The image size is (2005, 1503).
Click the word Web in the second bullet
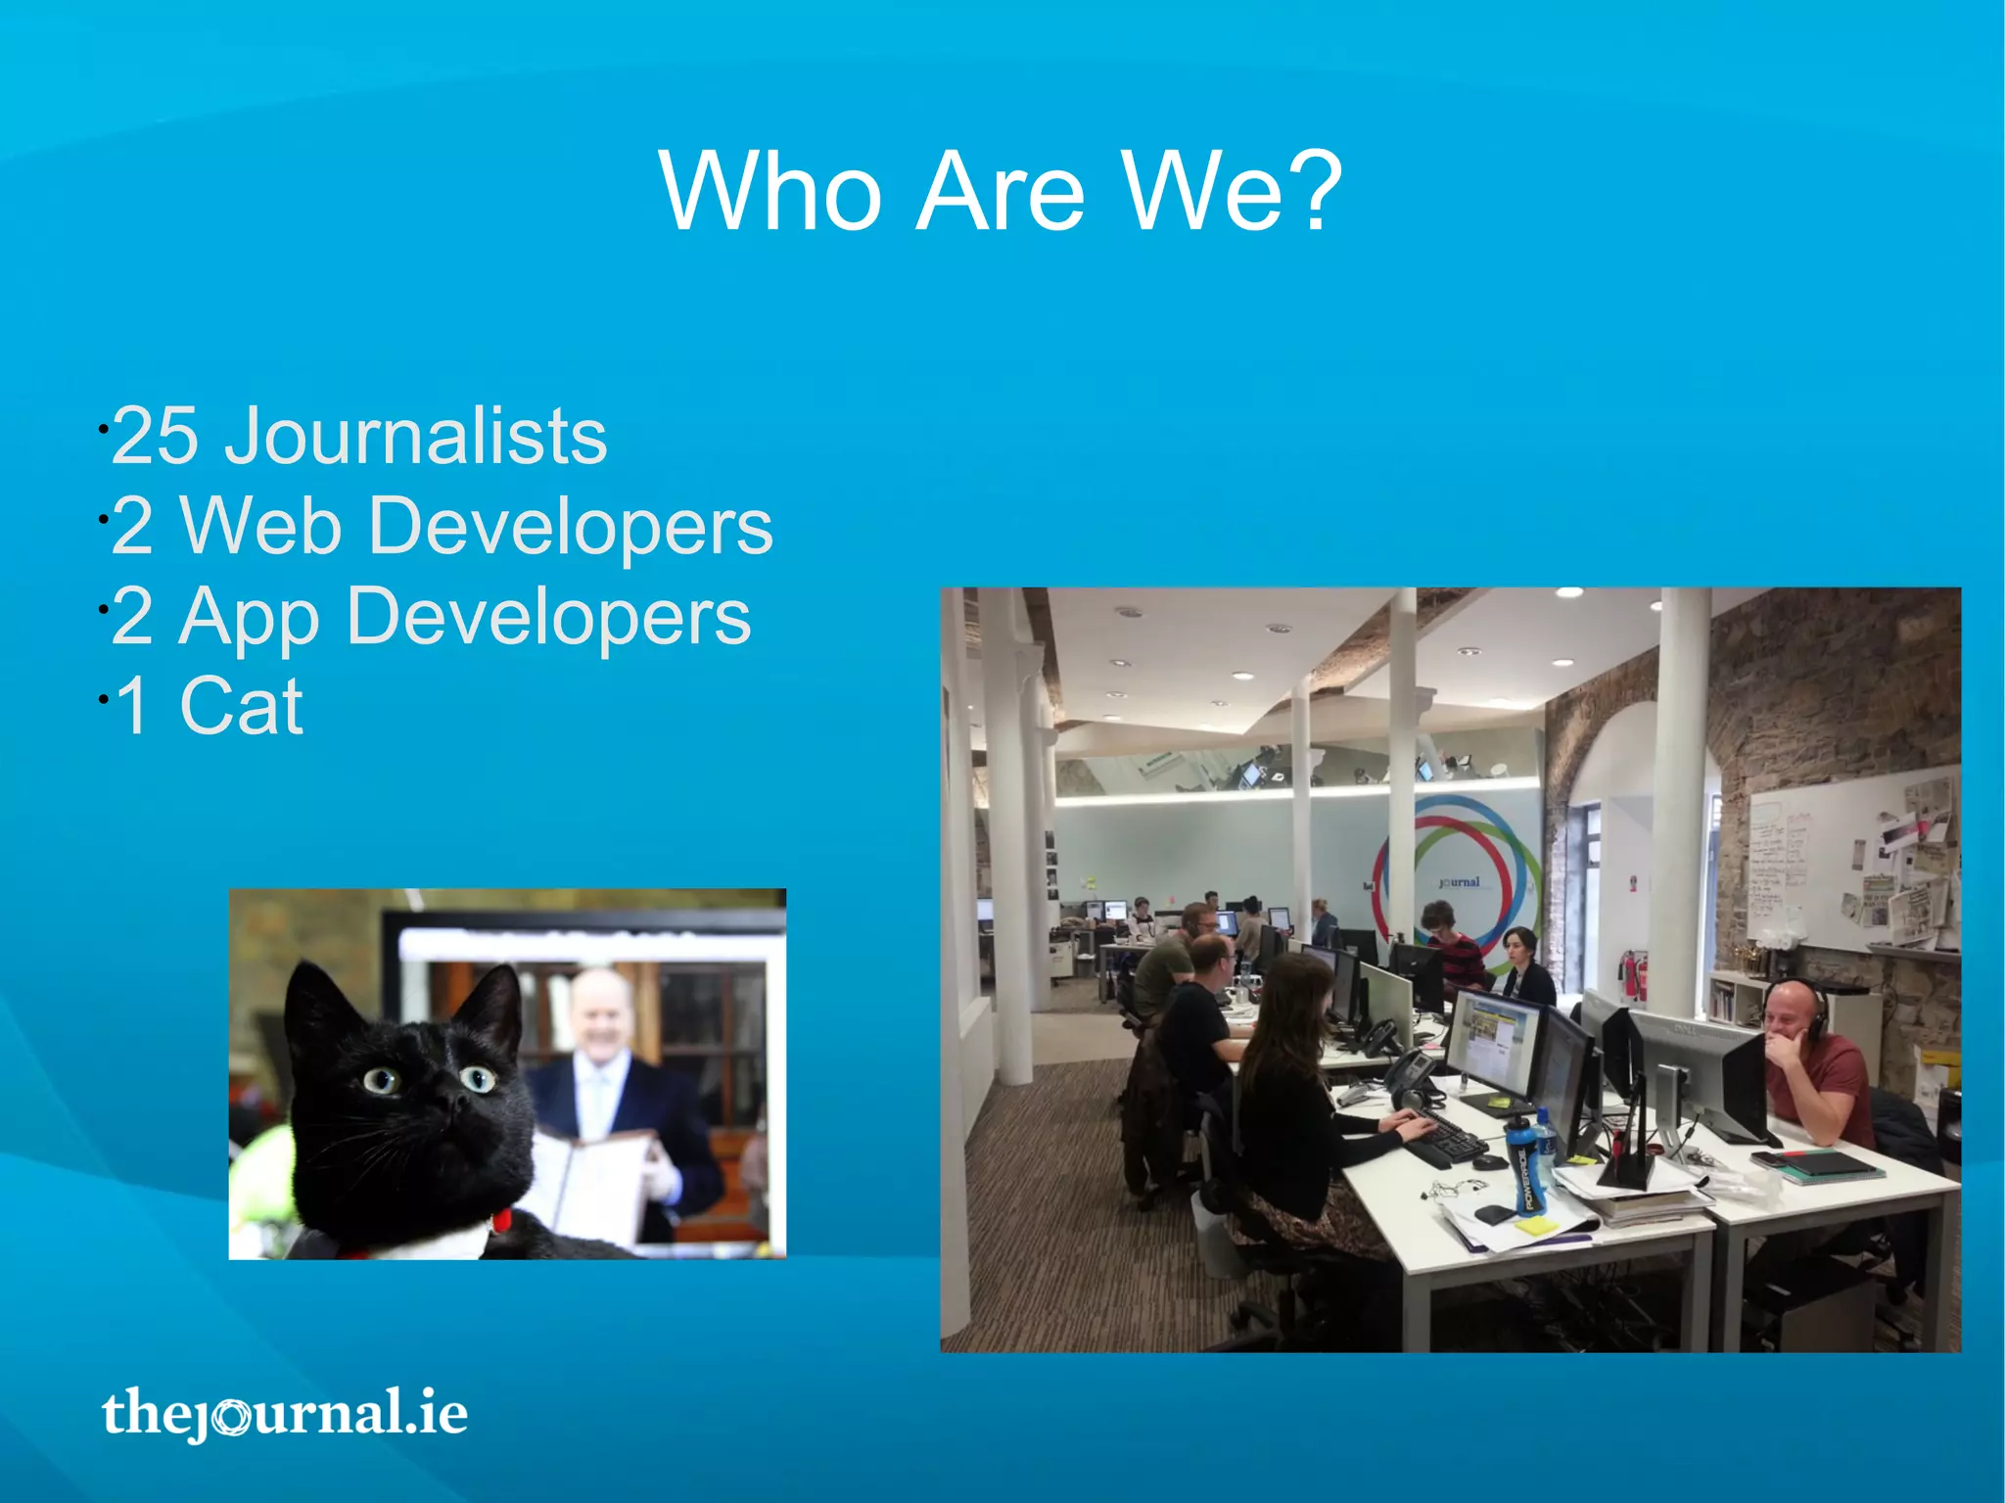tap(261, 527)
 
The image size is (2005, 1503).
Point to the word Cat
tap(241, 706)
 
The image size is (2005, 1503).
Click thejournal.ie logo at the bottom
tap(284, 1413)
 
